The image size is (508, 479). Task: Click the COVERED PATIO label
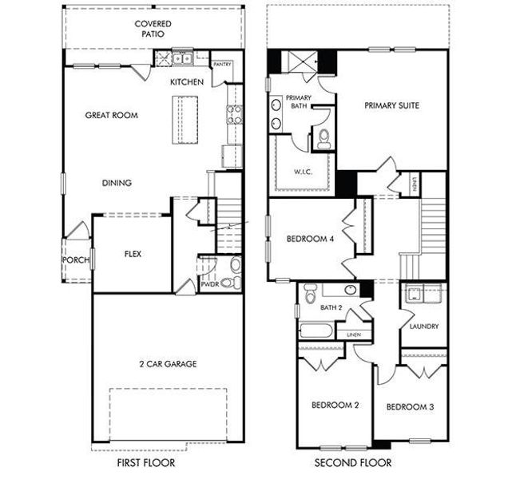tap(153, 30)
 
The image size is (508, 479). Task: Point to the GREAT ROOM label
tap(111, 115)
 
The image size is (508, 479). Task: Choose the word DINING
tap(117, 183)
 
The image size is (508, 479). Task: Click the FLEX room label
tap(133, 255)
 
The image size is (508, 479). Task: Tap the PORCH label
tap(75, 259)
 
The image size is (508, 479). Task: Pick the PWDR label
tap(210, 283)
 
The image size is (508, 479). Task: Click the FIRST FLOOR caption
tap(147, 462)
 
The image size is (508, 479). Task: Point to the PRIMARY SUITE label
tap(392, 105)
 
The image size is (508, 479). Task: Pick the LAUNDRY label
tap(423, 327)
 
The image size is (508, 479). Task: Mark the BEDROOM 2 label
tap(335, 406)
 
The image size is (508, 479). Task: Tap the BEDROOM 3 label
tap(410, 407)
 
